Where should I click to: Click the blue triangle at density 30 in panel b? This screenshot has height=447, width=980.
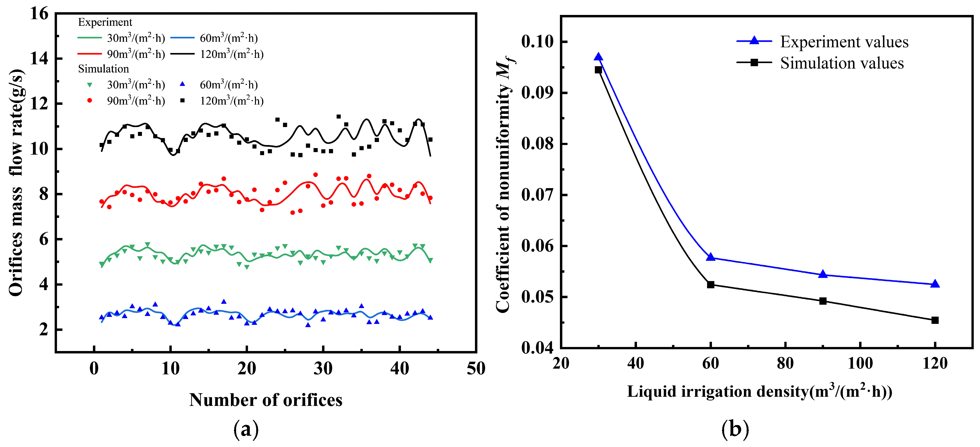(x=598, y=57)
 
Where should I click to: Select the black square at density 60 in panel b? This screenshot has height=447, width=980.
(x=711, y=285)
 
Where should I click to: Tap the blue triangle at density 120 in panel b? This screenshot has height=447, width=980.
(x=935, y=284)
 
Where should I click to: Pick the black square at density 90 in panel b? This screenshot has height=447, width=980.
(x=823, y=301)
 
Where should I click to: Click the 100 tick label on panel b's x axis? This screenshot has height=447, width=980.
(x=860, y=363)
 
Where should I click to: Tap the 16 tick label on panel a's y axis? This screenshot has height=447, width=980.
(x=40, y=14)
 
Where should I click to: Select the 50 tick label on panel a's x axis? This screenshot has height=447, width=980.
(x=476, y=368)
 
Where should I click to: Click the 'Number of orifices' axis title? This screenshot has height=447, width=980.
(x=266, y=400)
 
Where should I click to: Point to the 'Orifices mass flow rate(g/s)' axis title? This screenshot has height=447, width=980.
(x=16, y=183)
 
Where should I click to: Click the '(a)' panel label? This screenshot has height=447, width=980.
(x=246, y=429)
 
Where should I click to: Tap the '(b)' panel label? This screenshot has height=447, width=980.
(x=735, y=429)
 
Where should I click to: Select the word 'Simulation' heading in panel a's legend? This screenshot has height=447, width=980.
(x=104, y=69)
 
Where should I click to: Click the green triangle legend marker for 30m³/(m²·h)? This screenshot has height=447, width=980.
(x=90, y=85)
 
